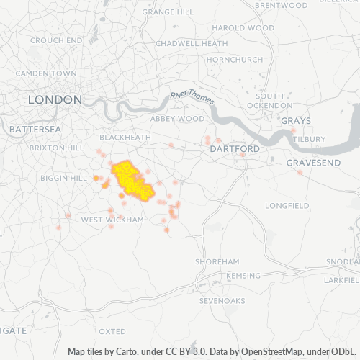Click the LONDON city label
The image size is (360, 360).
[55, 99]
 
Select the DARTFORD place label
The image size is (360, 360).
[234, 149]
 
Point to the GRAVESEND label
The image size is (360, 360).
[313, 163]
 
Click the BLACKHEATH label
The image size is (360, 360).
[125, 137]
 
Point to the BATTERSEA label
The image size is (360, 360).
[35, 129]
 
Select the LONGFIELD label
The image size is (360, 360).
[287, 205]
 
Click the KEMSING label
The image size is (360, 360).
[243, 276]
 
